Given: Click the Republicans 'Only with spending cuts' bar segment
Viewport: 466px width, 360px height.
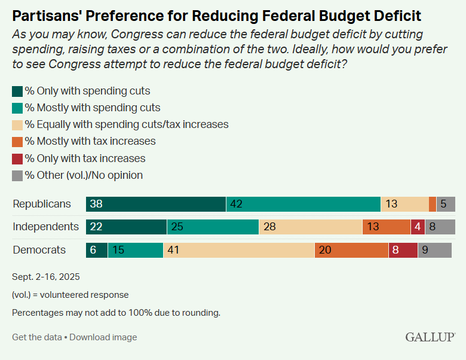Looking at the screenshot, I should pos(156,204).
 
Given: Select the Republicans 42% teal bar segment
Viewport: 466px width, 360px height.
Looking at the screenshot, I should pos(303,204).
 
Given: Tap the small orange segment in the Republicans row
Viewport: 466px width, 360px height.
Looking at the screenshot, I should pos(433,204).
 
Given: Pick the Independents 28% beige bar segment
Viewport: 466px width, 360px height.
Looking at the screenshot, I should pos(311,227).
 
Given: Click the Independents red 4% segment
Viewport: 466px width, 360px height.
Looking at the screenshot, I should pos(418,227).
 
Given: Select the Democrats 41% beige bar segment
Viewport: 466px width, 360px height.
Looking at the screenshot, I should pos(239,250).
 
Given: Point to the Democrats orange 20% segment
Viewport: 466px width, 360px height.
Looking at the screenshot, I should pos(351,250).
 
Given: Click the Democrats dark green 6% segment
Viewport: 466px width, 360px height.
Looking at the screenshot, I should pos(97,250).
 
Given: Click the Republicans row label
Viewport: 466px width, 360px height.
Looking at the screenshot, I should pos(42,204).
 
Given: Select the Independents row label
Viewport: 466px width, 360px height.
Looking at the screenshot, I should pos(46,227).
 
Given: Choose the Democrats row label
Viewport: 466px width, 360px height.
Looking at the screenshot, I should pos(39,250).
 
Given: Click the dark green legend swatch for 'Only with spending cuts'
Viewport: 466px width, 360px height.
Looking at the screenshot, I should pos(17,91).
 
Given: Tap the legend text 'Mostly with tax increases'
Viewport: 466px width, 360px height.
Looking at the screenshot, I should pos(90,142).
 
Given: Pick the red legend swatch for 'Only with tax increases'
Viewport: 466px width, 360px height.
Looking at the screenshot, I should pos(17,158).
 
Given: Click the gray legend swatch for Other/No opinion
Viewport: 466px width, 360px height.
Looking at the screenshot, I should pos(17,175).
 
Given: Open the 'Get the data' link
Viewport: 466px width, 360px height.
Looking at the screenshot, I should pos(36,337).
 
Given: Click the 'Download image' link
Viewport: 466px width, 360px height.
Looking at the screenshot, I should pos(103,337).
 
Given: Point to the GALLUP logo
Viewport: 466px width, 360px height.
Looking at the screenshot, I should pos(430,337).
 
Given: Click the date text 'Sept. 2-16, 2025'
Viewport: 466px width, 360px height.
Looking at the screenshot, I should pos(46,277).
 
